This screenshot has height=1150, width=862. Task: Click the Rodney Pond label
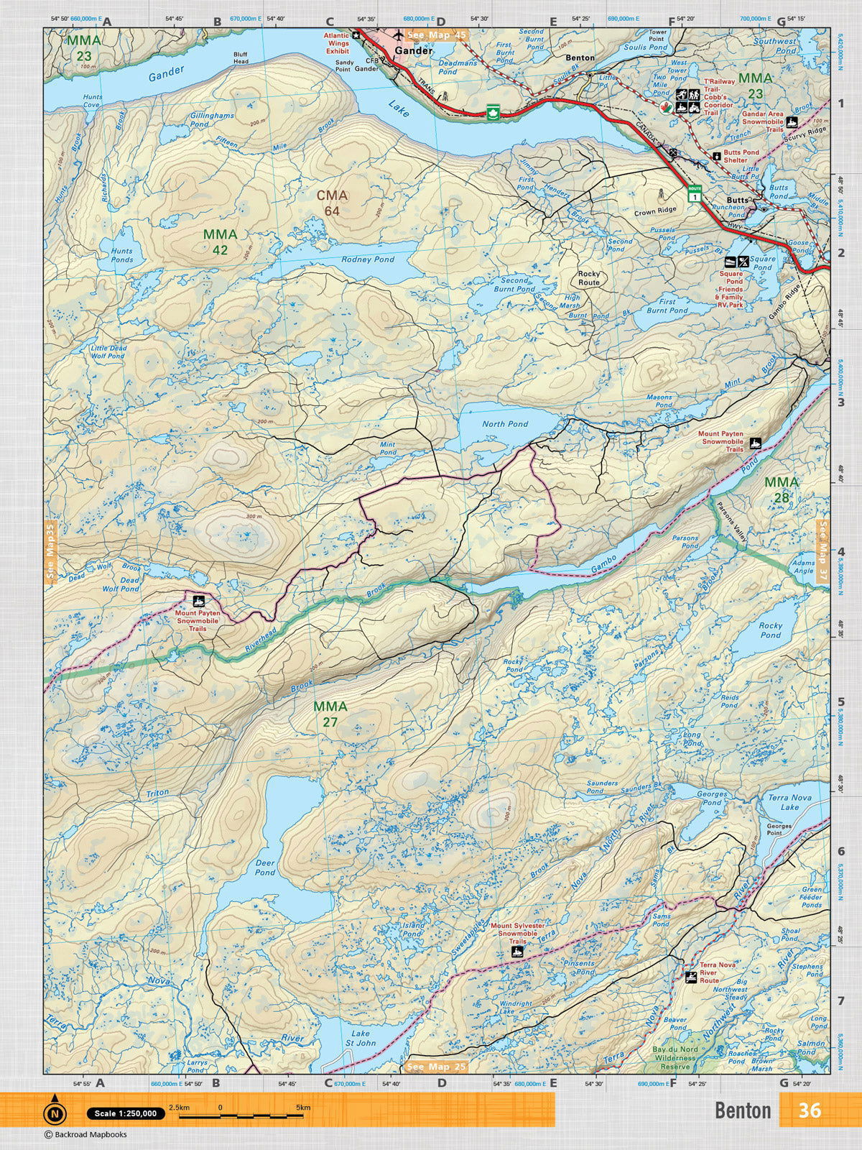[368, 259]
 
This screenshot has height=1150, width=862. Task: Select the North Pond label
[505, 424]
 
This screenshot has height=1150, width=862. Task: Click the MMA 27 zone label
[330, 714]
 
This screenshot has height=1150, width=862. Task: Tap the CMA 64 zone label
[332, 203]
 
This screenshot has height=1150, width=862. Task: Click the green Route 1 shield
[694, 194]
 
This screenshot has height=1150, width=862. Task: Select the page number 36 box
[809, 1110]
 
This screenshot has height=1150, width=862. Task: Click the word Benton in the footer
[743, 1110]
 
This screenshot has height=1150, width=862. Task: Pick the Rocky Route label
[589, 278]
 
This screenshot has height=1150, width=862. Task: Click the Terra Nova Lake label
[783, 802]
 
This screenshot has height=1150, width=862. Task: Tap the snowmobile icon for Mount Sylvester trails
[516, 952]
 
